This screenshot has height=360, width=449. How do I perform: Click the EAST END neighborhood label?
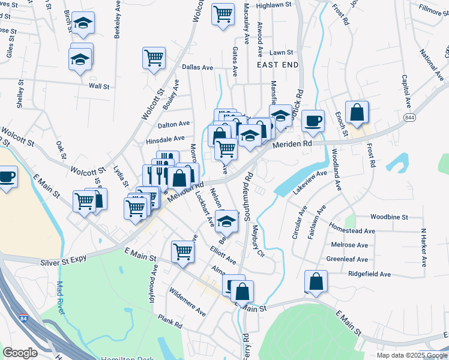point(277,64)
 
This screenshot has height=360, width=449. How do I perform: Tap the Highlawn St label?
point(273,4)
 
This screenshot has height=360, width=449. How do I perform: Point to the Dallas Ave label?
point(198,68)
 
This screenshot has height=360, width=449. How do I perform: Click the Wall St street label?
point(99,86)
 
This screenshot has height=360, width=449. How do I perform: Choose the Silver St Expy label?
point(62,262)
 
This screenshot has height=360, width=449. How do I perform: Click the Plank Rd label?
point(170,325)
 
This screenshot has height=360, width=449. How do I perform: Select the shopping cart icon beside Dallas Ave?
point(154,59)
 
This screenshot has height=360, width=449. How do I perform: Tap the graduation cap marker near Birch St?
point(83,23)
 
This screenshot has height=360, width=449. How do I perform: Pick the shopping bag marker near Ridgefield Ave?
point(316,281)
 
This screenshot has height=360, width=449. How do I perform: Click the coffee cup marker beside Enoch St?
point(313,121)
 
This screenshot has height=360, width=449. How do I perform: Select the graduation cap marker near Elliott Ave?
point(226,223)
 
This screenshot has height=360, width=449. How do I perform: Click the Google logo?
point(20,353)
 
